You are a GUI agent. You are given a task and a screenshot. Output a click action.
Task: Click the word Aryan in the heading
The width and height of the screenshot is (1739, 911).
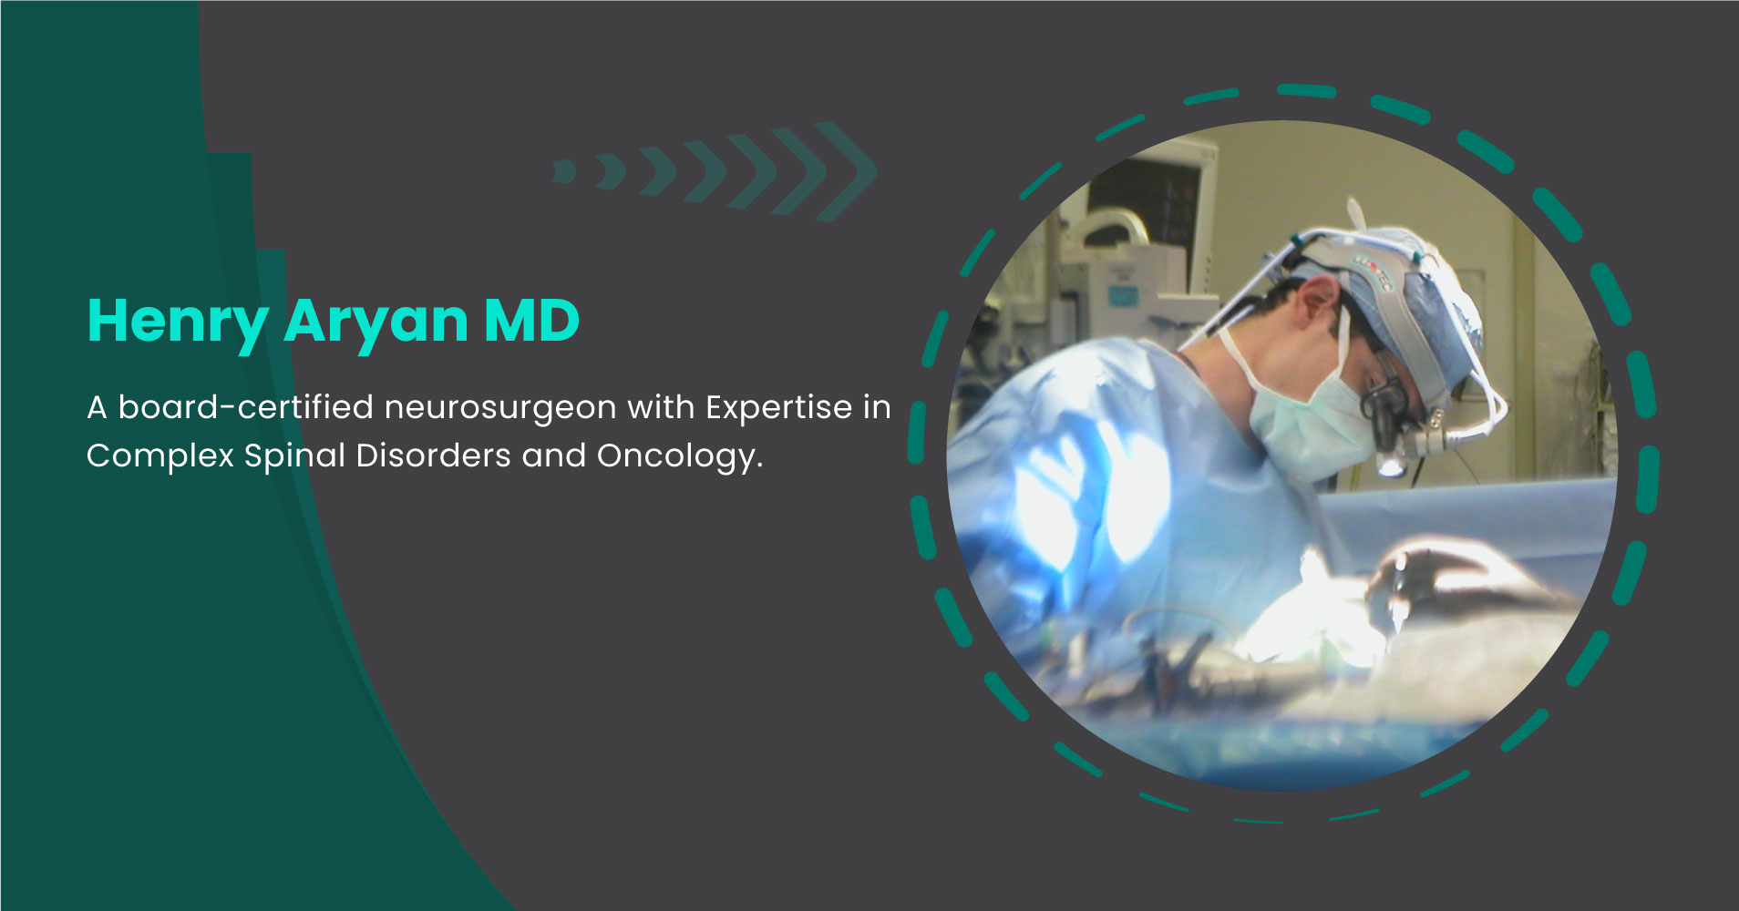376,321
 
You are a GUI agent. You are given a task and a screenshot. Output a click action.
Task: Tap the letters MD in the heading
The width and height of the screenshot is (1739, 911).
531,321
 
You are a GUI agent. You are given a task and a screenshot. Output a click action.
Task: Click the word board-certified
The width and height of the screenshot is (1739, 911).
245,407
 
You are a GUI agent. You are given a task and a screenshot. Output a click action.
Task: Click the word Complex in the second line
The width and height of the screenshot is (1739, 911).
159,455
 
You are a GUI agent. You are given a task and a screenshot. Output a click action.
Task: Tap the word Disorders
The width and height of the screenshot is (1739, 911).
433,455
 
